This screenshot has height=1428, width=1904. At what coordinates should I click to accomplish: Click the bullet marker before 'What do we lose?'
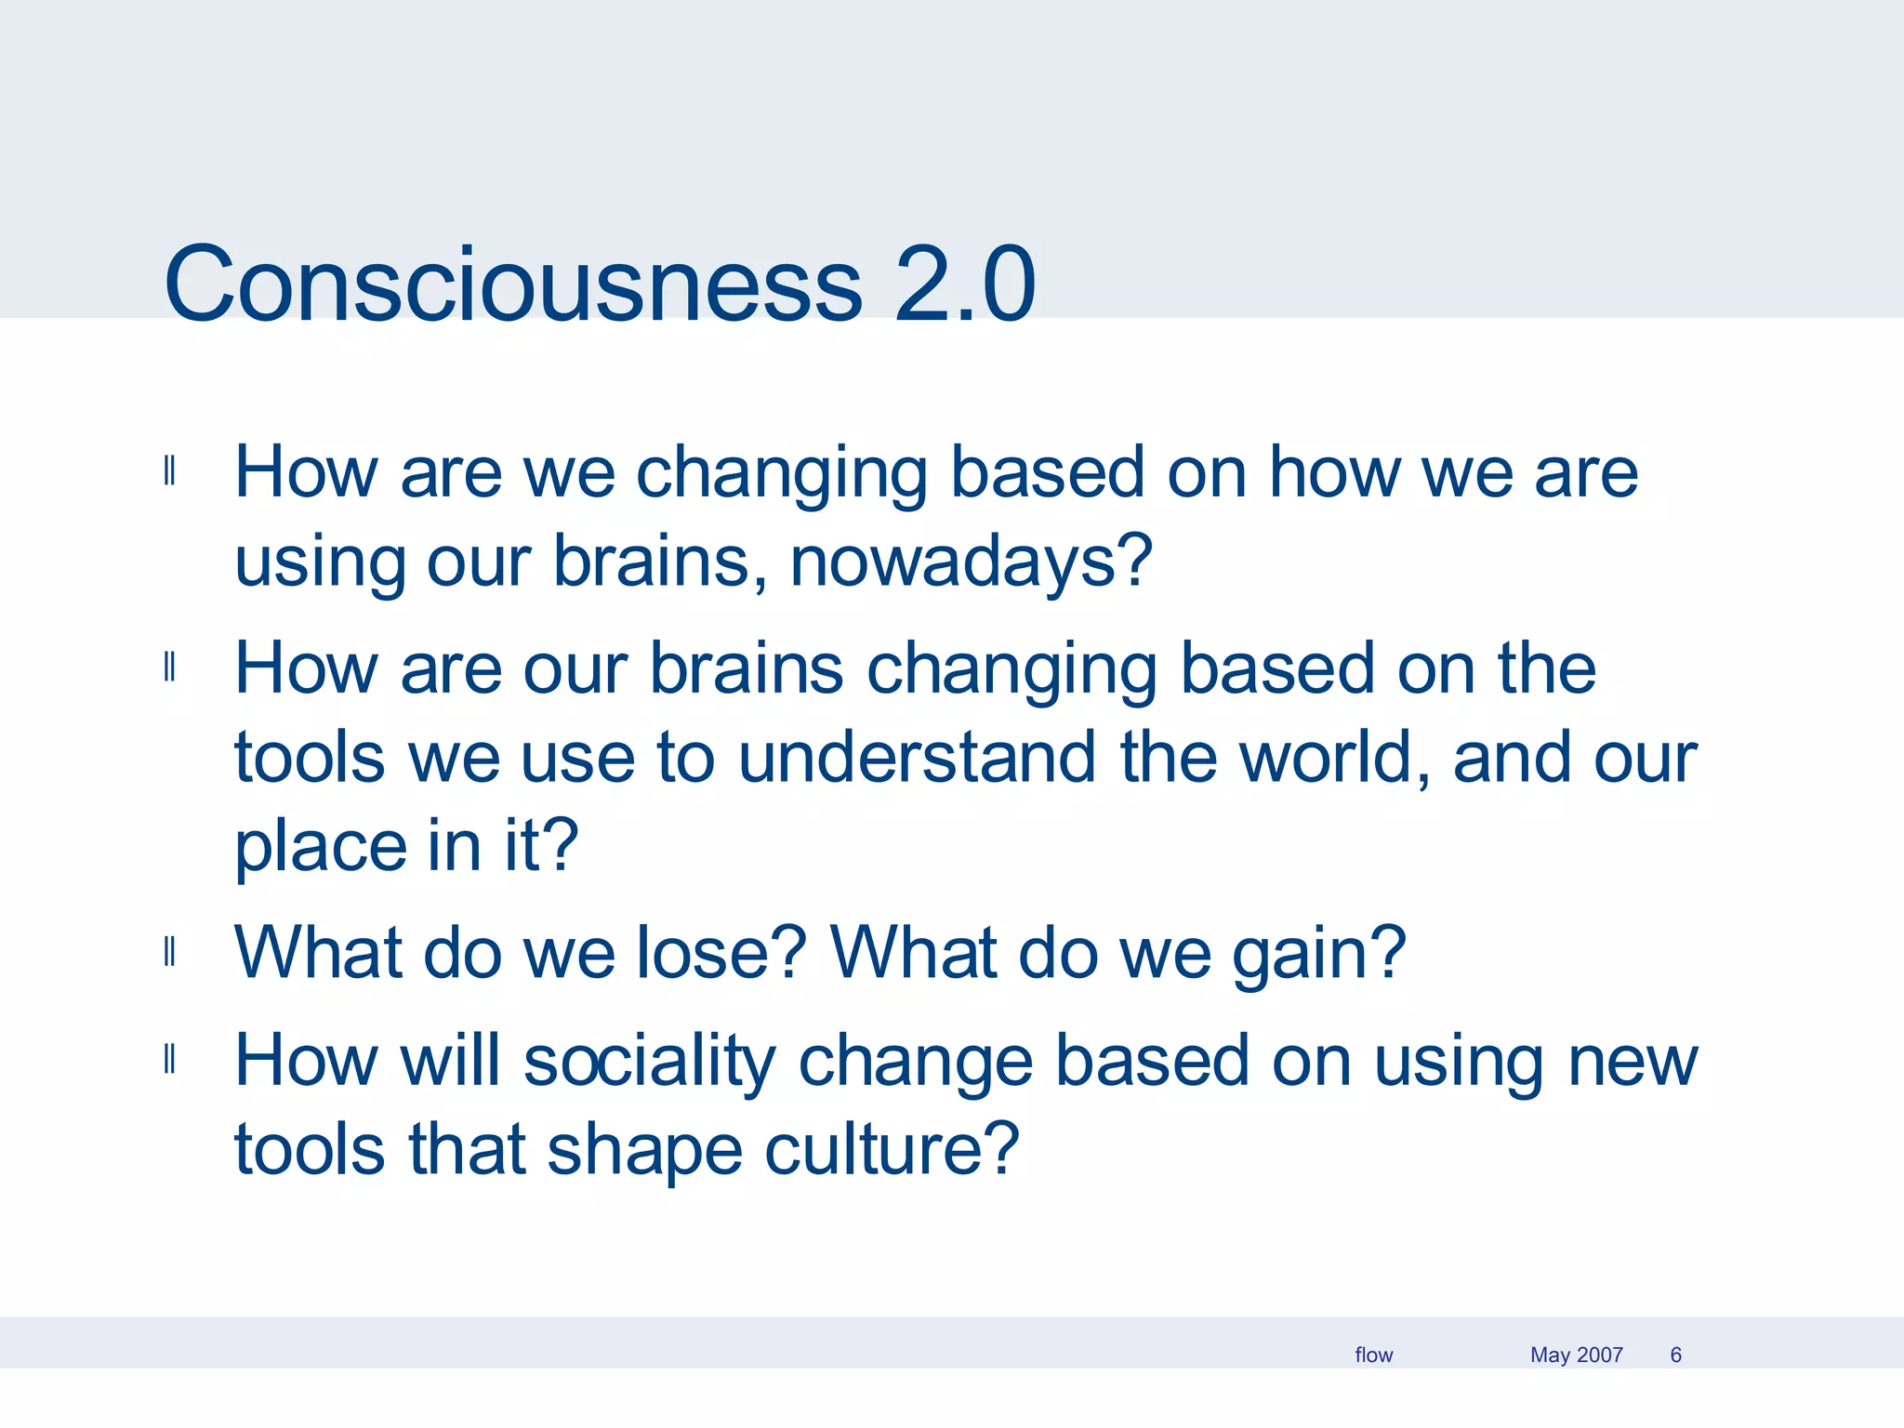coord(169,952)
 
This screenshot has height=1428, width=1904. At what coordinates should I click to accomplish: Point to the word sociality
coord(648,1061)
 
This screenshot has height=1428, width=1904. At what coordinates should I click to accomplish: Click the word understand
coord(917,757)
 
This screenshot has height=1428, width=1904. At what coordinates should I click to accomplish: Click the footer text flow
coord(1373,1355)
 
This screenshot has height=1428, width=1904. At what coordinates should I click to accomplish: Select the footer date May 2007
coord(1576,1355)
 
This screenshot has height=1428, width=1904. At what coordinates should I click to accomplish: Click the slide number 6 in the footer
coord(1675,1355)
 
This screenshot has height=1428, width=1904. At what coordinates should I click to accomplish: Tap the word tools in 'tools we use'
coord(309,757)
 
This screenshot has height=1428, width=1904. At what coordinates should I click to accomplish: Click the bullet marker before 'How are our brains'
coord(169,668)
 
